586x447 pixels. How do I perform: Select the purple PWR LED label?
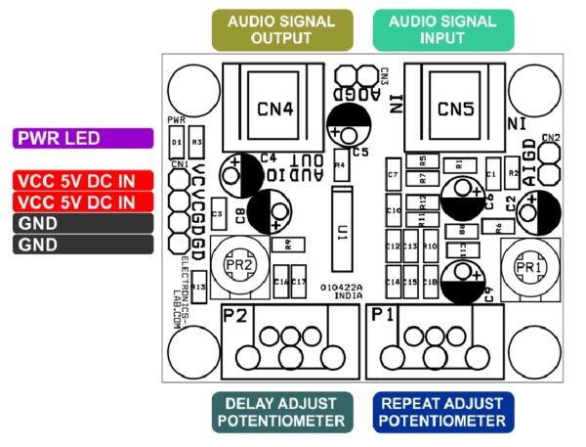coord(83,139)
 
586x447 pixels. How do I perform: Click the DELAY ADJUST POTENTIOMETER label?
coord(280,412)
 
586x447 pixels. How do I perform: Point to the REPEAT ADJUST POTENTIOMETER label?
coord(442,412)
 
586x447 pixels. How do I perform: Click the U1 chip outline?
coord(341,229)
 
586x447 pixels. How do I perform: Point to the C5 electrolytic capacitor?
coord(350,123)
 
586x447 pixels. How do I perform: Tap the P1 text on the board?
coord(383,315)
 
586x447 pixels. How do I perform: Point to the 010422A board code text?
coord(341,287)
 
